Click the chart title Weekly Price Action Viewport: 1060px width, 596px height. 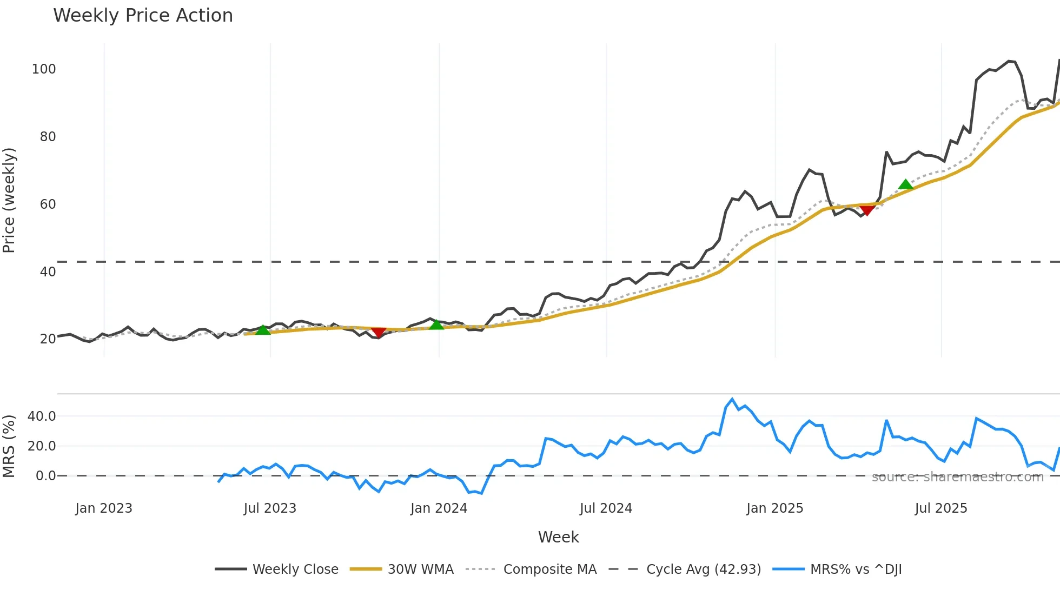[143, 16]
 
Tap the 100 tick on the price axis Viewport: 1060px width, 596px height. [44, 69]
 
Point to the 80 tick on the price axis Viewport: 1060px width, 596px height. [48, 137]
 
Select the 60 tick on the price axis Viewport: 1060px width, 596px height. [48, 204]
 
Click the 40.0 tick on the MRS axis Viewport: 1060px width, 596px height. [42, 416]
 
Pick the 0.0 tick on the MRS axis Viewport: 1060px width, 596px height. [45, 476]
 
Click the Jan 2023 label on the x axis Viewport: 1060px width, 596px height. [104, 508]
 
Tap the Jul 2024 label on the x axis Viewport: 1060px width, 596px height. [606, 508]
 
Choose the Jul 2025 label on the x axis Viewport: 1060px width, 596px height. [941, 508]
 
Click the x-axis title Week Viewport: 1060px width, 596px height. [558, 537]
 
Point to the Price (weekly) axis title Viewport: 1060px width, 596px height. [9, 200]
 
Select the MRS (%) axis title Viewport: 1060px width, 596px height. [9, 446]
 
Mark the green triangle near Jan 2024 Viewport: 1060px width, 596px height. [436, 325]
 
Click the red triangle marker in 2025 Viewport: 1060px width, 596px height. [867, 210]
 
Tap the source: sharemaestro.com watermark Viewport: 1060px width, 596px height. [957, 477]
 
